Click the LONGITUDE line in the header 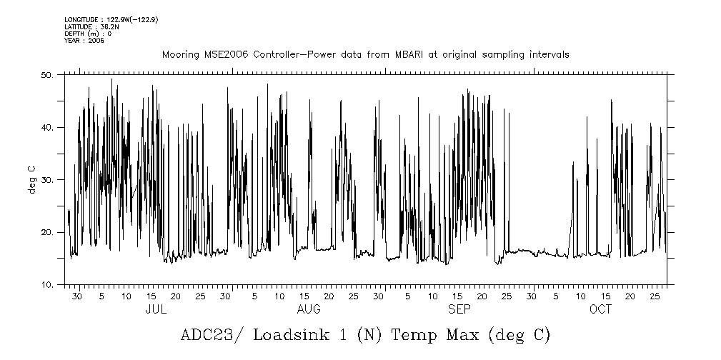pos(110,19)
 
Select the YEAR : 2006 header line pos(85,41)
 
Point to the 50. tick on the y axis pos(48,74)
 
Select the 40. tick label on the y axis pos(48,127)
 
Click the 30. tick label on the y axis pos(48,180)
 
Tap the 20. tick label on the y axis pos(48,233)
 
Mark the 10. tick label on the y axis pos(48,285)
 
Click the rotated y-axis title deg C pos(32,179)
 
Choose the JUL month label pos(156,310)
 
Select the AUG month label pos(309,310)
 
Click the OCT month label pos(600,310)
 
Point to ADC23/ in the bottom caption pos(209,335)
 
